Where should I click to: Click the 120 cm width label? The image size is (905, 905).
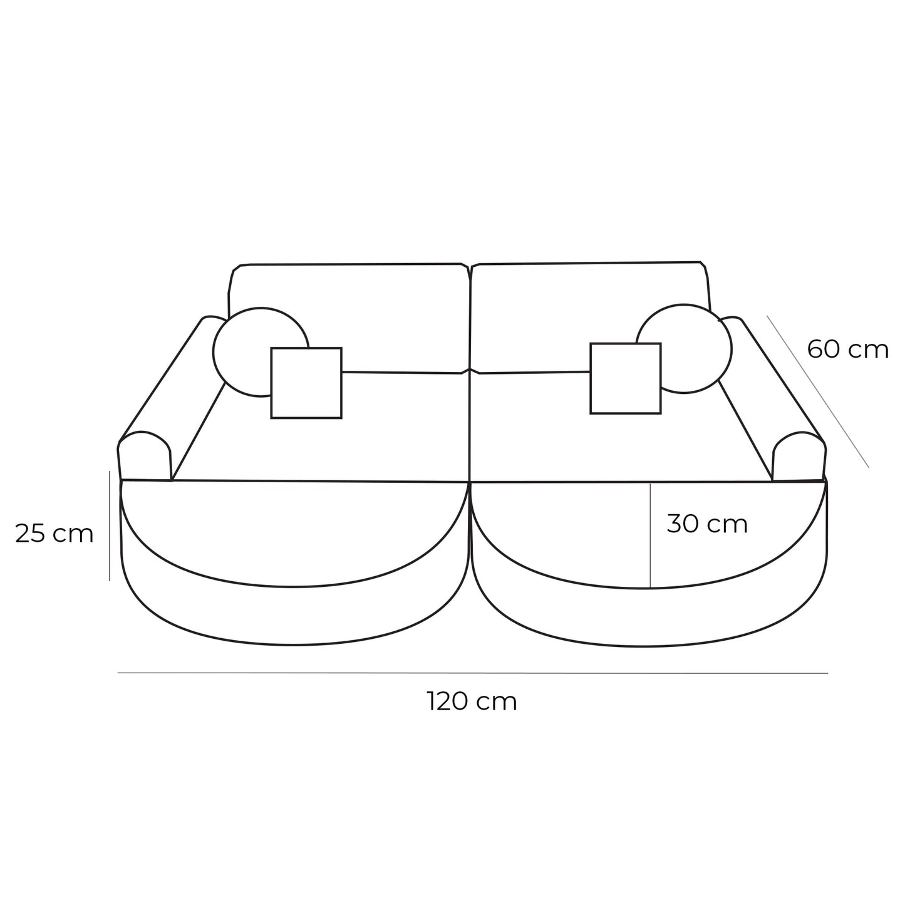(472, 701)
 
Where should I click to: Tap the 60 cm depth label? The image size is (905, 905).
(847, 349)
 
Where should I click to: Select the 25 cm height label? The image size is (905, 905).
(54, 534)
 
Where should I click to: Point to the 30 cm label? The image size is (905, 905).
(707, 524)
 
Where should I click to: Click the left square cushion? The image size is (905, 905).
(306, 383)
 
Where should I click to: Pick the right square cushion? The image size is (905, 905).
(625, 378)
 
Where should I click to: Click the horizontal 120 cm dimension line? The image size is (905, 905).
(472, 673)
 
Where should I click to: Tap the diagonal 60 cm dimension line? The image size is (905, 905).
(817, 391)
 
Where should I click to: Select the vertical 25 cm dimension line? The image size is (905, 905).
(110, 526)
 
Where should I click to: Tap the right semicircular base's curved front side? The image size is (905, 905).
(651, 617)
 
